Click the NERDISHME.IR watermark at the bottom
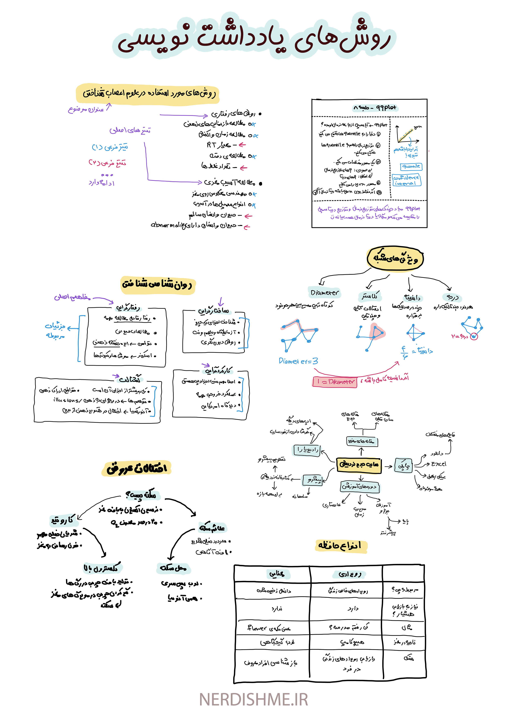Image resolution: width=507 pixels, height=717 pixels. [253, 699]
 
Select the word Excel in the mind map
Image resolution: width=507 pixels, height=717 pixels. [439, 464]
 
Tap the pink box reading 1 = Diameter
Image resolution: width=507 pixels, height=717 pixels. [335, 382]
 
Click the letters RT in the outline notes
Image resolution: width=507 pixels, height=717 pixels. [211, 145]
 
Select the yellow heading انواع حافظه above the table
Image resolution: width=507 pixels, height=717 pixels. [340, 546]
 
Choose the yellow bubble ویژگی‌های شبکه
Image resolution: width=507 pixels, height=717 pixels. [395, 258]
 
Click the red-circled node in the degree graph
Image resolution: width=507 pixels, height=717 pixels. [474, 337]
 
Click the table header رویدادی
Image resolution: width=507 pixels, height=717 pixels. [350, 574]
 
